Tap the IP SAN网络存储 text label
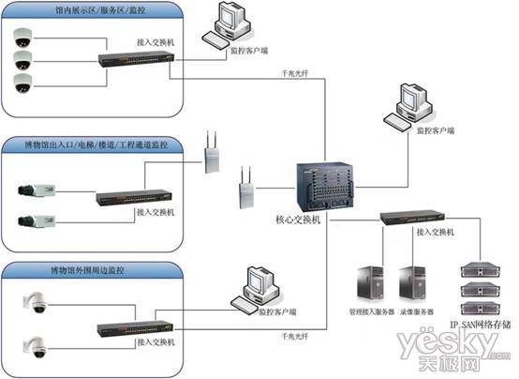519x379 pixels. pyautogui.click(x=479, y=325)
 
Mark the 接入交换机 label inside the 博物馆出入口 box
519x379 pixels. pyautogui.click(x=156, y=213)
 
